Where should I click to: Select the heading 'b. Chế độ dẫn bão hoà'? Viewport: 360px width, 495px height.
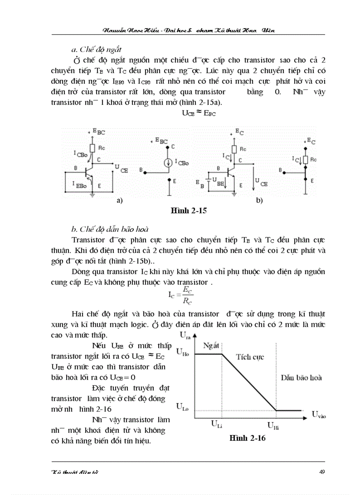pyautogui.click(x=110, y=229)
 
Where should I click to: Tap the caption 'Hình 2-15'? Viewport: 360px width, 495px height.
pyautogui.click(x=189, y=211)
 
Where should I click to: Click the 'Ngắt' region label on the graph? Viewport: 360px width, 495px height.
pyautogui.click(x=211, y=346)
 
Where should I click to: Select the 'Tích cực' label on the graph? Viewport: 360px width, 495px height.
pyautogui.click(x=250, y=357)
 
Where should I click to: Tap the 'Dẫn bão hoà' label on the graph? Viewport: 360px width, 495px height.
pyautogui.click(x=301, y=377)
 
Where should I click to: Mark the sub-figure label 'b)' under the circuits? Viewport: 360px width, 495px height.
pyautogui.click(x=259, y=201)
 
